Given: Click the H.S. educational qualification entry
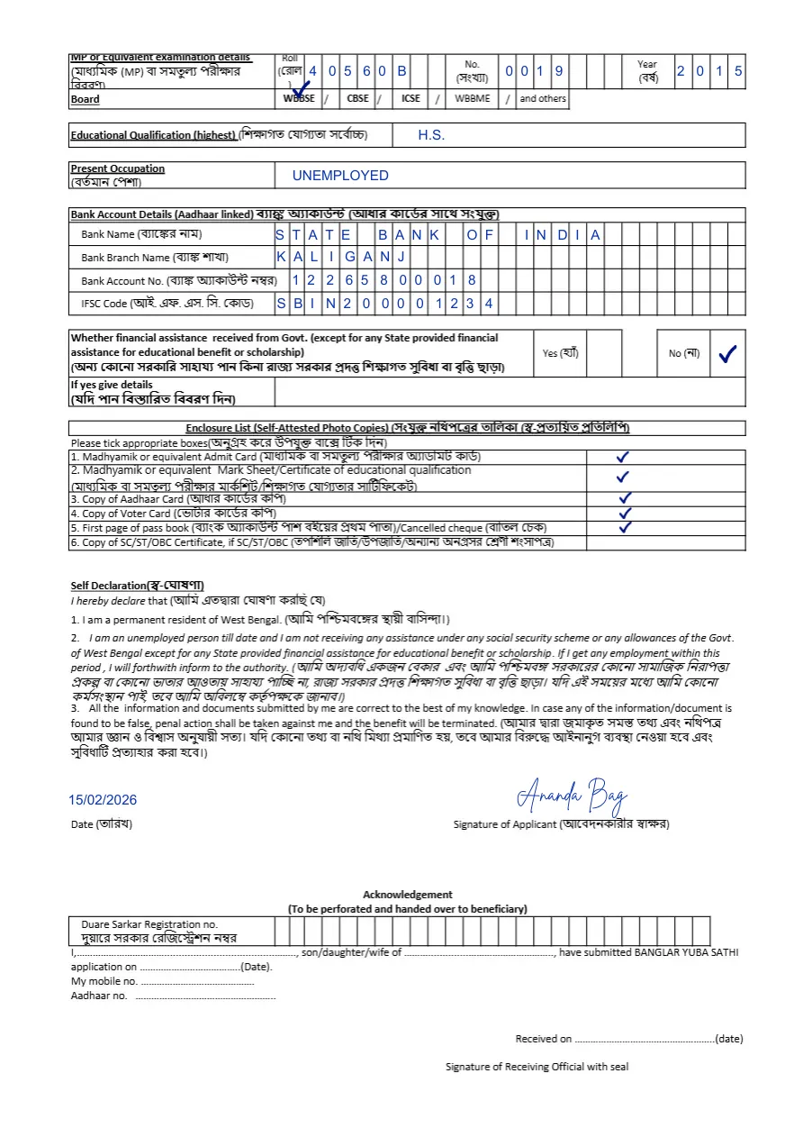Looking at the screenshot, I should point(431,135).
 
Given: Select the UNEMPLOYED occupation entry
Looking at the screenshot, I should point(340,176).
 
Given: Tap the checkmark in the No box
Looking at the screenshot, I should point(727,354).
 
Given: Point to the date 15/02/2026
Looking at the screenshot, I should point(103,800).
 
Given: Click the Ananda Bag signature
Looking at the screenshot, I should point(572,796).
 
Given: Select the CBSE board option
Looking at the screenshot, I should point(357,98).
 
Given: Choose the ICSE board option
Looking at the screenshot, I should point(411,98).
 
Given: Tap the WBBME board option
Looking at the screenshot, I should point(473,98).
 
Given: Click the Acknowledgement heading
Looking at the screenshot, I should point(408,895).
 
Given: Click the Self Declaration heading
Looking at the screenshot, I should point(138,586).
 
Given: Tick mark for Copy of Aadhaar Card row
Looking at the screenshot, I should point(626,497).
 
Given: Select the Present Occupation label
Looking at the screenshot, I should point(118,168).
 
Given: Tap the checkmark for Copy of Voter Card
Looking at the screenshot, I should point(626,513).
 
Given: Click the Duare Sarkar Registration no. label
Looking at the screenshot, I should point(149,924).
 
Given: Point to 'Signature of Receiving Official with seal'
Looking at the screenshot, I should point(537,1067).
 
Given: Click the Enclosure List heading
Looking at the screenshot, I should point(408,428).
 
